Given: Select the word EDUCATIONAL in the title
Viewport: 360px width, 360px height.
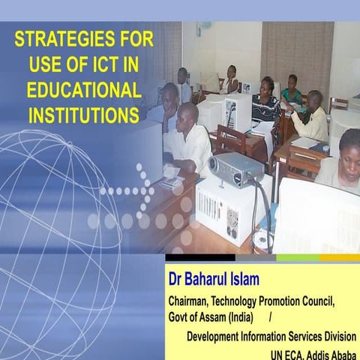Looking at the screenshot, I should coord(83,89).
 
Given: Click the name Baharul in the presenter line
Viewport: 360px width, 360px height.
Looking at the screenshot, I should coord(214,280).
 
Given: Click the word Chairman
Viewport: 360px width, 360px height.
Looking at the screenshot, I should coord(191,301).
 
